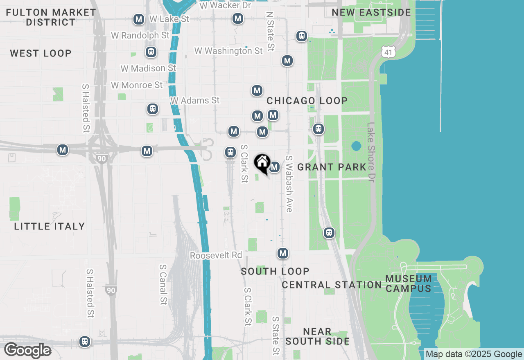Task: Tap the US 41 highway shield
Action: (388, 52)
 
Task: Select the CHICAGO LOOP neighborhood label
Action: (307, 101)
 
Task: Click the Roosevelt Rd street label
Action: (216, 255)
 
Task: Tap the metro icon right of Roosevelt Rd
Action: (282, 253)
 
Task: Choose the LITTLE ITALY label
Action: (50, 226)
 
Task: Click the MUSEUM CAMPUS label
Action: (409, 283)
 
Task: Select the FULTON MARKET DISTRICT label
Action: (51, 17)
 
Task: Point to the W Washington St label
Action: (228, 51)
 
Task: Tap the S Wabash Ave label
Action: (289, 184)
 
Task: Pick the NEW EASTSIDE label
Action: (371, 12)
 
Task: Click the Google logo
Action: (28, 351)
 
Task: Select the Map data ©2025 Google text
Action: (474, 354)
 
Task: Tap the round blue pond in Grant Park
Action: (356, 146)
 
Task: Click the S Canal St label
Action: (163, 284)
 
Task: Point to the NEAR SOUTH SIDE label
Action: (317, 336)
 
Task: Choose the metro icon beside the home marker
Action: (274, 167)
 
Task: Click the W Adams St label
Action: (195, 100)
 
